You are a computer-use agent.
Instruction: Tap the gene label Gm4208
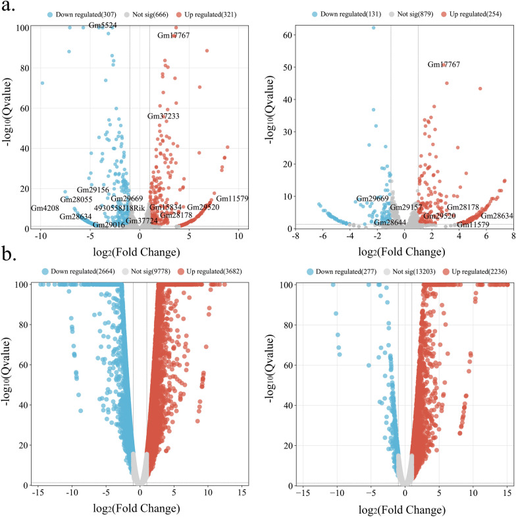45,208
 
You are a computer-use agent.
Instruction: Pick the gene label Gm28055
77,199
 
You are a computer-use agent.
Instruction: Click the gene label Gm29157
406,208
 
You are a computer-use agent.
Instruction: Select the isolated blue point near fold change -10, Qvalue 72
43,83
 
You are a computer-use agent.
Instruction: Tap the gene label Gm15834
165,207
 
